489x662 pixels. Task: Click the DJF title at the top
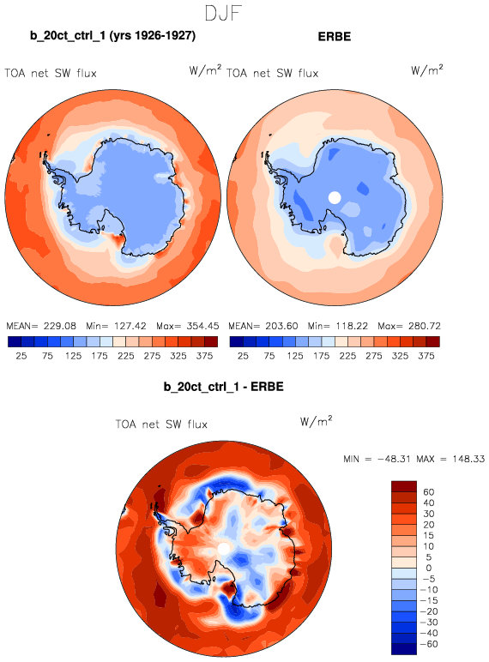pyautogui.click(x=223, y=13)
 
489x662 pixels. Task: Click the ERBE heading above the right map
pyautogui.click(x=335, y=36)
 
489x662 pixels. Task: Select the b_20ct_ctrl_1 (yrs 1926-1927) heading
pyautogui.click(x=112, y=35)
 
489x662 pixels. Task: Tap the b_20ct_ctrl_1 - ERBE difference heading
pyautogui.click(x=223, y=387)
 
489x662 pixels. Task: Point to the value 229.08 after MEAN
pyautogui.click(x=60, y=326)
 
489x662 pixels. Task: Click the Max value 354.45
pyautogui.click(x=202, y=326)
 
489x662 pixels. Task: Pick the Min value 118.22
pyautogui.click(x=352, y=326)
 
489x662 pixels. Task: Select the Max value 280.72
pyautogui.click(x=425, y=326)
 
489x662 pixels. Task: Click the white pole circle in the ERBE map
pyautogui.click(x=335, y=197)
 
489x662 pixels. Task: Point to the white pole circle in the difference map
pyautogui.click(x=223, y=549)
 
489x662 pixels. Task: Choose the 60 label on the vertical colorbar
pyautogui.click(x=429, y=492)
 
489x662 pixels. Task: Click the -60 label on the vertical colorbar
pyautogui.click(x=429, y=644)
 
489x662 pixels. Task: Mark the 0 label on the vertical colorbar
pyautogui.click(x=429, y=568)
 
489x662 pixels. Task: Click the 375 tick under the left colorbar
pyautogui.click(x=204, y=356)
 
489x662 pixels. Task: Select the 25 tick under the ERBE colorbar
pyautogui.click(x=243, y=356)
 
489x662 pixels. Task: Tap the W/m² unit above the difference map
pyautogui.click(x=317, y=421)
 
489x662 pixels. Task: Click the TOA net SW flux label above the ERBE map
pyautogui.click(x=272, y=74)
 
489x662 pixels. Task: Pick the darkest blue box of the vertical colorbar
pyautogui.click(x=404, y=649)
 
